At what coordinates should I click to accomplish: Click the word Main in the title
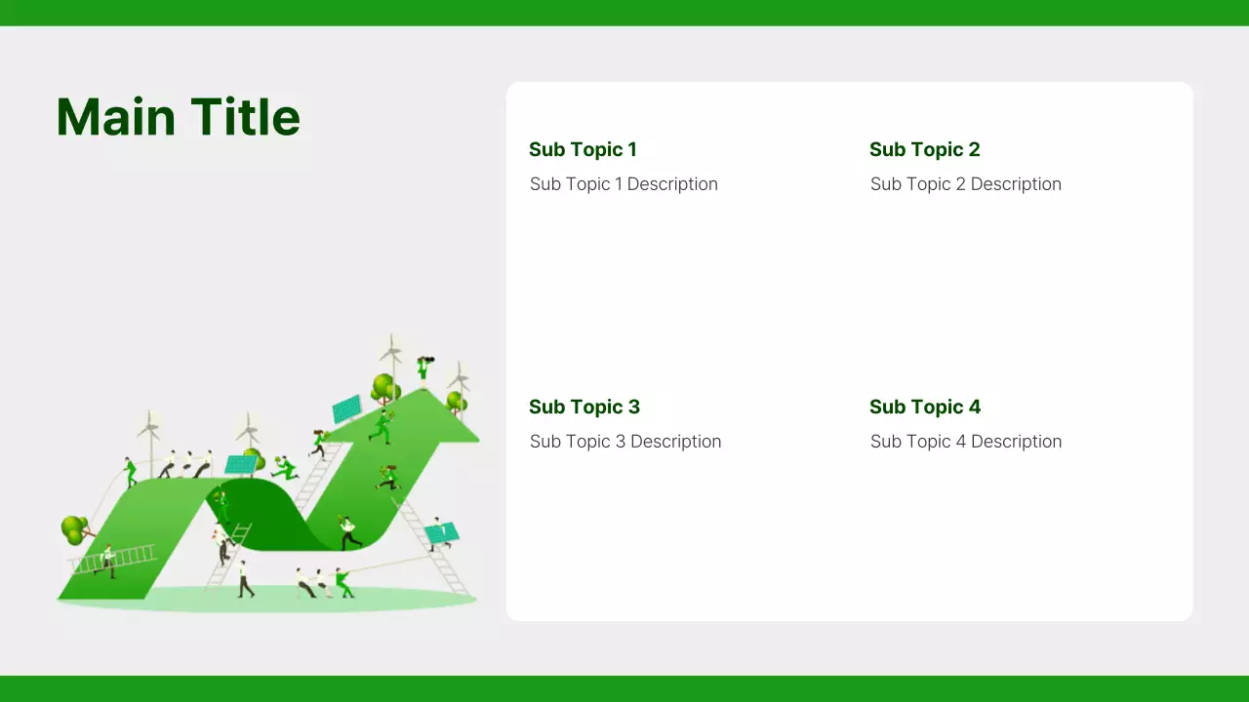click(x=116, y=117)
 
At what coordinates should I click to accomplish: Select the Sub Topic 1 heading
click(x=583, y=149)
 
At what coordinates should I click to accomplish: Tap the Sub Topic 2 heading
click(x=924, y=149)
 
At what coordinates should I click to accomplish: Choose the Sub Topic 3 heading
click(x=584, y=407)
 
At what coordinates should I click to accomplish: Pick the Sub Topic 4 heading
click(x=925, y=407)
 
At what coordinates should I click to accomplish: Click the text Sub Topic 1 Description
click(x=624, y=184)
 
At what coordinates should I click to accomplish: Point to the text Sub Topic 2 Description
click(x=965, y=184)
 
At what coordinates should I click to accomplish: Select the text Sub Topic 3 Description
click(x=625, y=442)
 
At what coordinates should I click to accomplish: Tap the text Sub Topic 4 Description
click(x=965, y=442)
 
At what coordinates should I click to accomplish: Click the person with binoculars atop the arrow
click(x=423, y=369)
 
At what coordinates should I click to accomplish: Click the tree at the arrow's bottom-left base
click(x=74, y=530)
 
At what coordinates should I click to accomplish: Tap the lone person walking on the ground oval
click(x=244, y=578)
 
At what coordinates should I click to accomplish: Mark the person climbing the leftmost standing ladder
click(x=223, y=548)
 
